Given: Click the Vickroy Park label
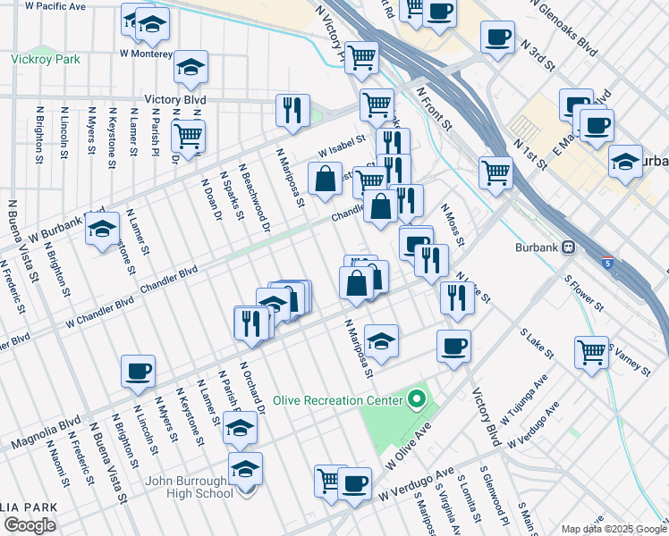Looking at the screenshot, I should (x=46, y=60).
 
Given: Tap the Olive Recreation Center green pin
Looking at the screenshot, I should (x=415, y=399).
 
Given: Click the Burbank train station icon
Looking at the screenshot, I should (x=567, y=247).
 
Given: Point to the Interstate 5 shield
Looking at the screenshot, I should (x=607, y=264).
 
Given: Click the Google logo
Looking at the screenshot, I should (x=30, y=525).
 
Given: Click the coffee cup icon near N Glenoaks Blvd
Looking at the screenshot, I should (x=497, y=38).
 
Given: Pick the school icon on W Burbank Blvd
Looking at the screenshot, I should (x=103, y=229).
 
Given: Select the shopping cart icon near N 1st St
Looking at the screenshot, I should (x=495, y=172).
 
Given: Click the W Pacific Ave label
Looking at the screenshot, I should (x=56, y=5).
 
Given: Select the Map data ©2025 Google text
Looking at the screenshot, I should (x=613, y=529).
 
